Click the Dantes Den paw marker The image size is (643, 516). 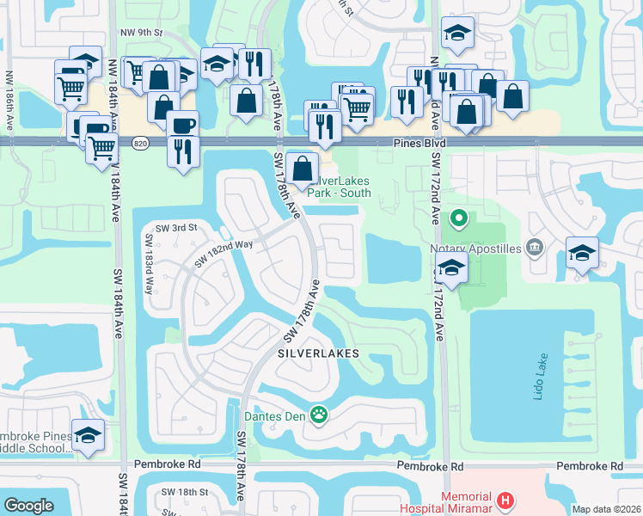point(319,415)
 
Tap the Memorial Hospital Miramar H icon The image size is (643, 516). point(507,500)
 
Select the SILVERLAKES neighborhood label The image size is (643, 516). point(317,353)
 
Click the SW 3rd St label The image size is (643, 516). point(171,228)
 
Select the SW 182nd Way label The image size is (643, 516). point(224,251)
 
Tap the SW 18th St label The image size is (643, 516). point(186,492)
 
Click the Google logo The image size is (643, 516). point(28,506)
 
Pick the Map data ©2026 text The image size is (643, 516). point(606,509)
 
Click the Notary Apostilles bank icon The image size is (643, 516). point(535,249)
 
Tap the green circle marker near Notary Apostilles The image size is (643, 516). point(458,218)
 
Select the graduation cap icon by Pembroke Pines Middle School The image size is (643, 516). point(88,436)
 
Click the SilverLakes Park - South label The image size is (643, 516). point(344,187)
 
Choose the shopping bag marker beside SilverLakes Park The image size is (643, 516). point(303,169)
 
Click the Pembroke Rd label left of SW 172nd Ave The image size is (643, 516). point(429,466)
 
